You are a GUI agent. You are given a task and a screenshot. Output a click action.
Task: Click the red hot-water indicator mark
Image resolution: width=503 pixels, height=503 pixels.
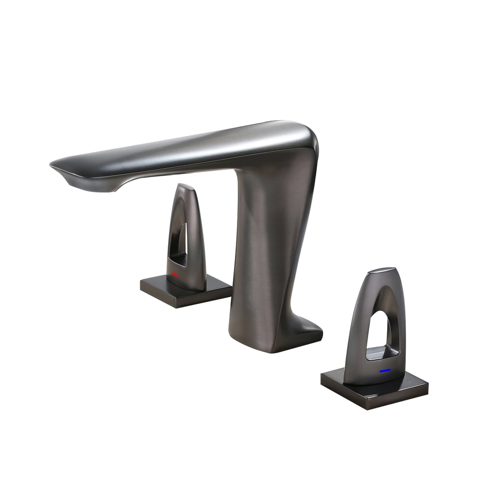[x=175, y=275]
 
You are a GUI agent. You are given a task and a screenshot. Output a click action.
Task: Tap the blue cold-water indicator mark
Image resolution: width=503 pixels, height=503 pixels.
[x=385, y=370]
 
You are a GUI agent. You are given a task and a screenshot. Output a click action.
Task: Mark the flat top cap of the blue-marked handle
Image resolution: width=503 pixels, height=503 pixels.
[x=381, y=272]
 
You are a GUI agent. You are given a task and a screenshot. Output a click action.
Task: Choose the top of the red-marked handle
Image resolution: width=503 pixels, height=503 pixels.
[x=186, y=187]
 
